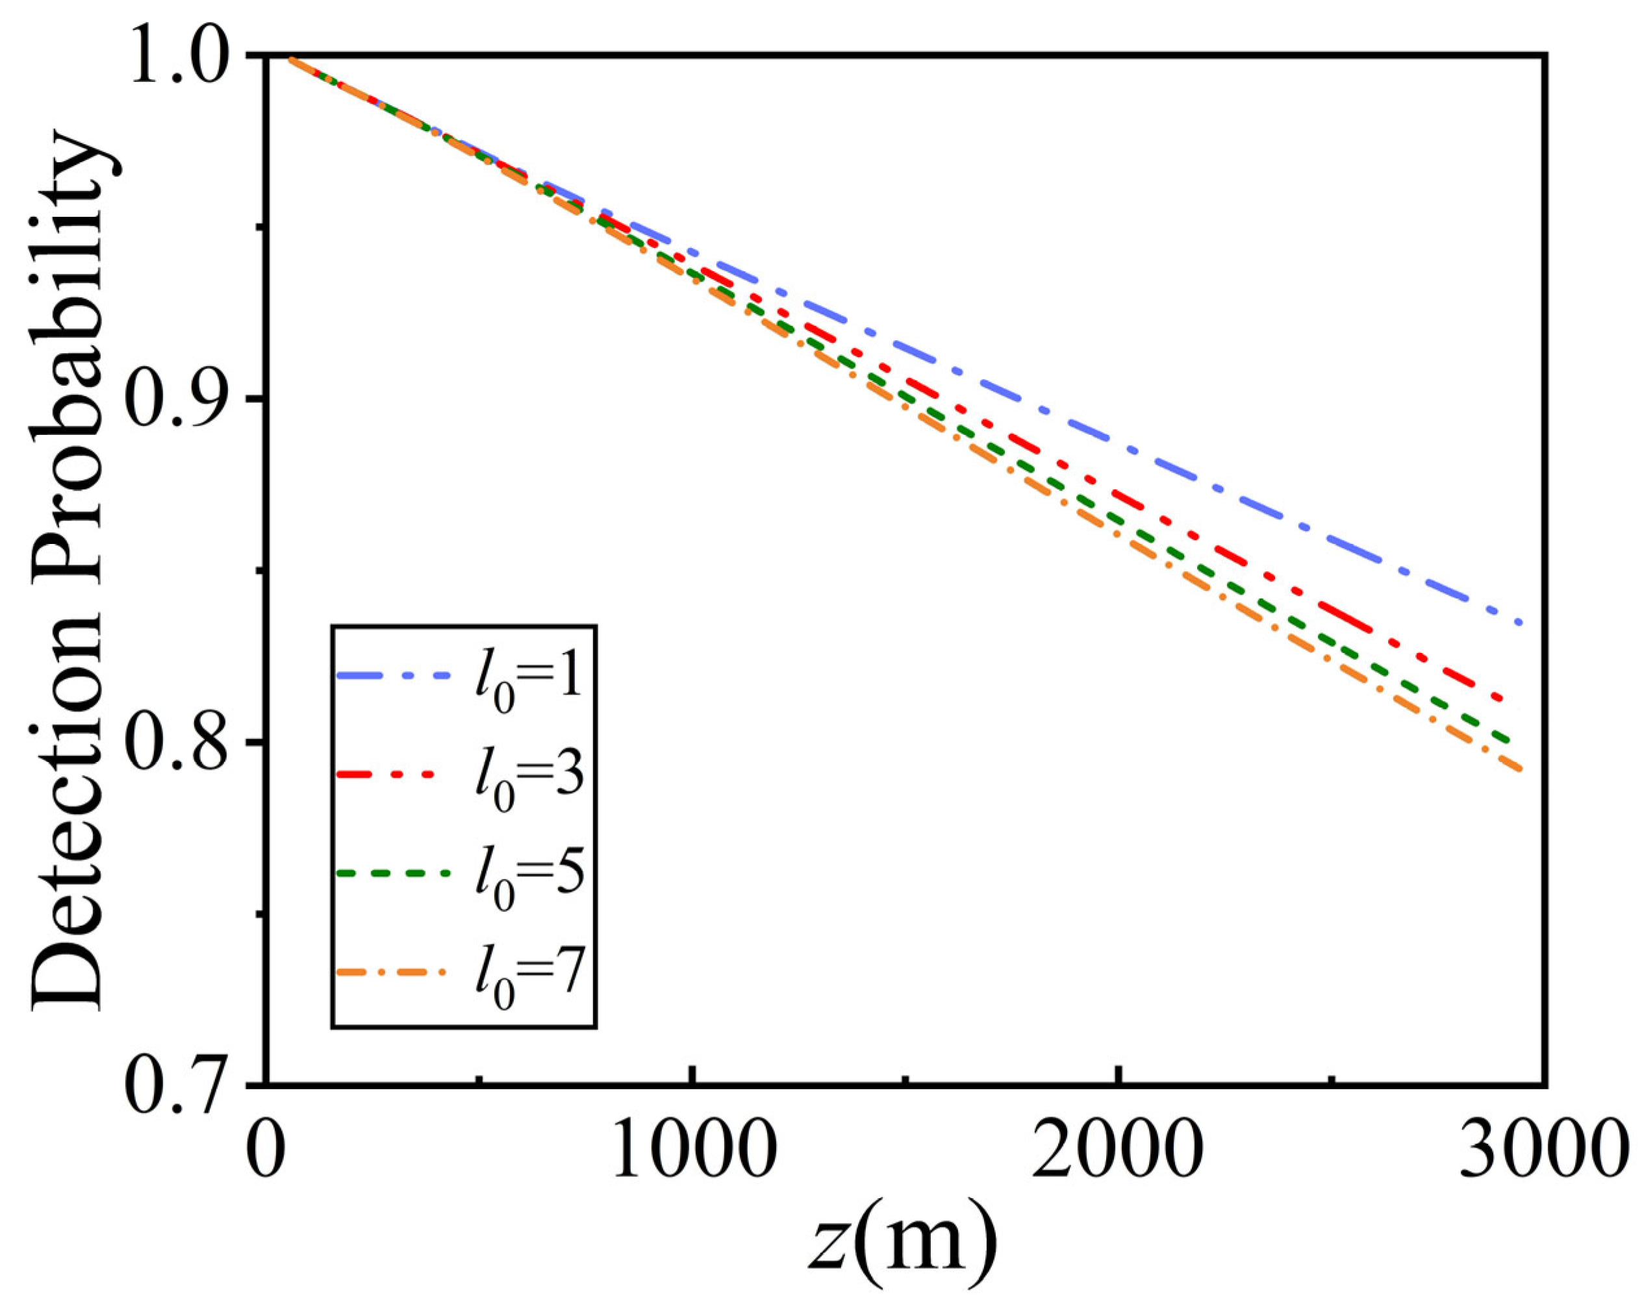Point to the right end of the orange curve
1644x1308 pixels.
coord(1521,770)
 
